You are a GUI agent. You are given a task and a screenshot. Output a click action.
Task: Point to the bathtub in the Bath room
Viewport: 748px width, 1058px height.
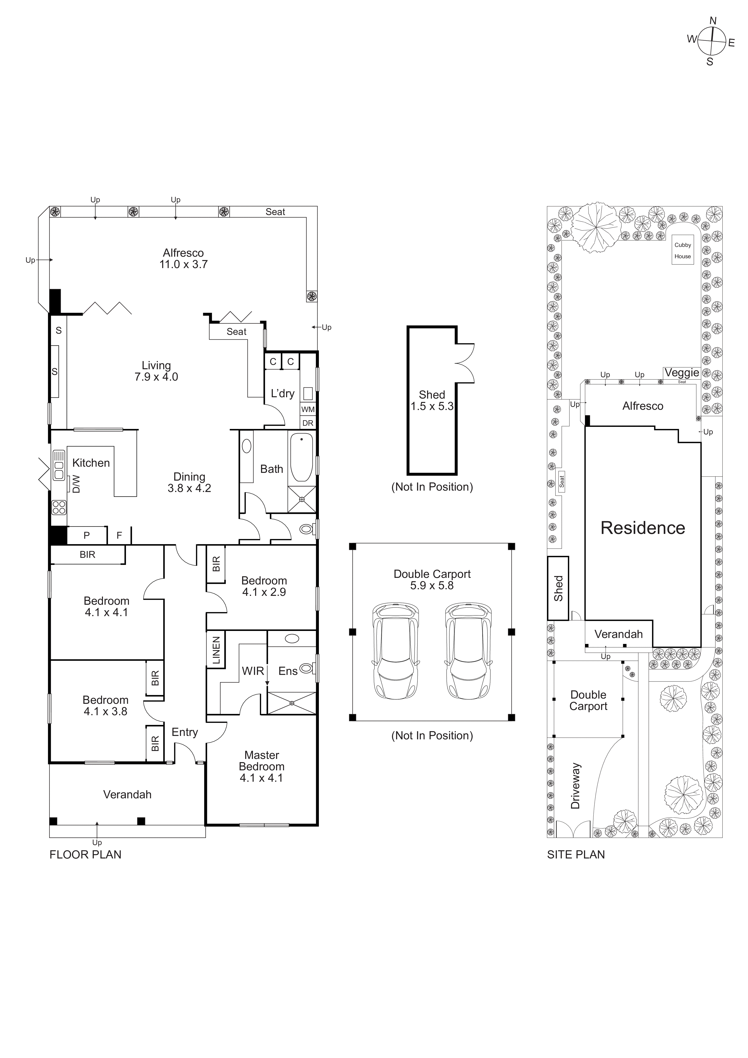(x=301, y=457)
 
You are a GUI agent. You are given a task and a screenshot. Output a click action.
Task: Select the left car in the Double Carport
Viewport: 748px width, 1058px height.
(x=395, y=651)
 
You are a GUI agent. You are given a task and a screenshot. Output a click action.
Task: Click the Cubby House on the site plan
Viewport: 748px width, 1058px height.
(x=683, y=251)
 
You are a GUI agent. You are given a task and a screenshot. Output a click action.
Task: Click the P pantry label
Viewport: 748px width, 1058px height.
(x=87, y=535)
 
